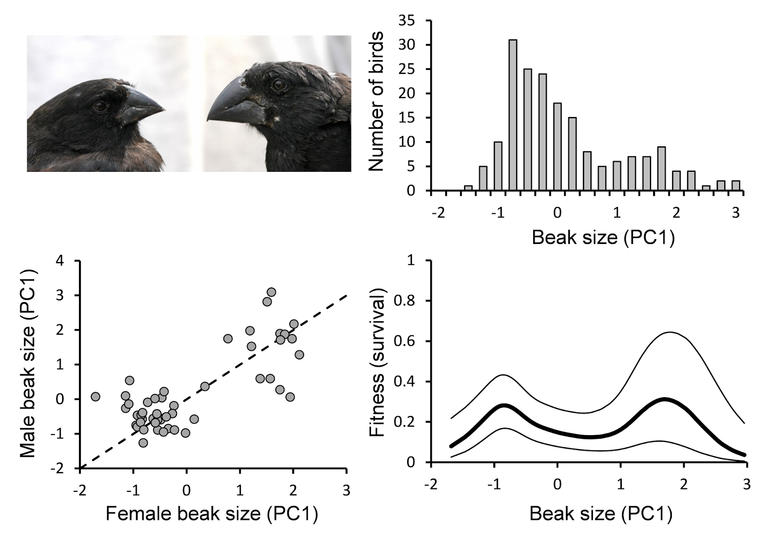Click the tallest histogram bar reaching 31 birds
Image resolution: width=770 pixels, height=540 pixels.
click(x=513, y=116)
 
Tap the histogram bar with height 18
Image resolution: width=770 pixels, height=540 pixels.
click(x=557, y=147)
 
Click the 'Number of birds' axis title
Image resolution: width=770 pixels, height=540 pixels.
click(x=377, y=102)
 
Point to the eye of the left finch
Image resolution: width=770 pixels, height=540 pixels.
click(x=100, y=106)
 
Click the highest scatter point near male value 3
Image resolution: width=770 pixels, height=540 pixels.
click(x=271, y=292)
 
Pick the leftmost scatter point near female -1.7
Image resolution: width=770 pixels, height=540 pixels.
click(x=95, y=397)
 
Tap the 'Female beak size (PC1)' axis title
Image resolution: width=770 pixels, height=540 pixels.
click(x=212, y=514)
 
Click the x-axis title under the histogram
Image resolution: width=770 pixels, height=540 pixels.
click(x=603, y=238)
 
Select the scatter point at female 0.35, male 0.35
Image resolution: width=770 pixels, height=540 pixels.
click(x=205, y=386)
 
